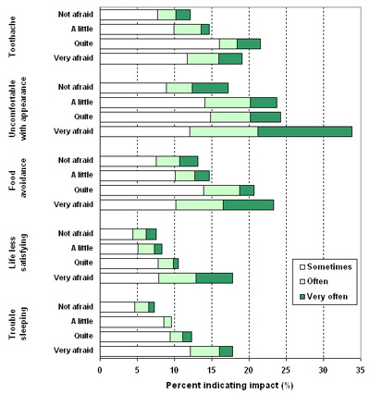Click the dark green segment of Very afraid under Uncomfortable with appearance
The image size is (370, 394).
click(304, 131)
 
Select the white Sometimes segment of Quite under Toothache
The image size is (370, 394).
click(160, 43)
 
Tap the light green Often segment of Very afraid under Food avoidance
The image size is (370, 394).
click(200, 204)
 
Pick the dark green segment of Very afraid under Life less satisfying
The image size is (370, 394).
click(215, 278)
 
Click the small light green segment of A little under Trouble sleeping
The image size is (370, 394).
click(167, 322)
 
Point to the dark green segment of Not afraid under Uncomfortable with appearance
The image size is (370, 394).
click(210, 88)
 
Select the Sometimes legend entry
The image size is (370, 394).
click(326, 266)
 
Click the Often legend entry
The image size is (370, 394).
click(314, 281)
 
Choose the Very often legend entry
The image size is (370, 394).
click(324, 297)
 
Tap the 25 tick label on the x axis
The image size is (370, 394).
click(286, 370)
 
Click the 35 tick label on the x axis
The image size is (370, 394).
click(360, 370)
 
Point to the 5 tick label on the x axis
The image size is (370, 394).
click(137, 370)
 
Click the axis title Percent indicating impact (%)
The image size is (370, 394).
click(229, 386)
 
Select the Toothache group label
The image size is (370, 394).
click(12, 37)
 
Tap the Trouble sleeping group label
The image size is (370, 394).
click(18, 324)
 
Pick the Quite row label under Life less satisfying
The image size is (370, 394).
click(83, 263)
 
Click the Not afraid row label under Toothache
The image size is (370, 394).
click(76, 15)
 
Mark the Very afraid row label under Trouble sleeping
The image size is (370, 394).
click(73, 351)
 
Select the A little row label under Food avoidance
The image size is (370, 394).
click(82, 175)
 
